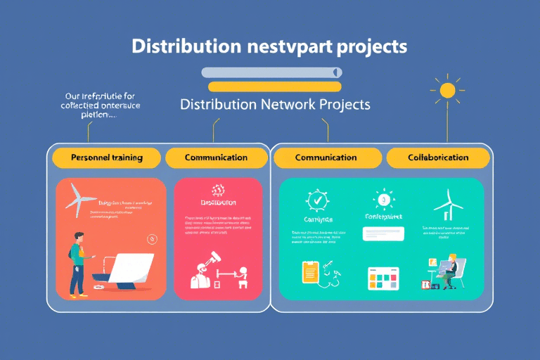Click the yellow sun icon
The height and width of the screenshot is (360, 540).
coord(447,90)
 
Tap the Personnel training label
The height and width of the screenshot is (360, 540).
coord(107,157)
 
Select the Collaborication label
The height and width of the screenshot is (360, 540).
coord(438,157)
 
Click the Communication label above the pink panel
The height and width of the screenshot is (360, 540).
coord(216,157)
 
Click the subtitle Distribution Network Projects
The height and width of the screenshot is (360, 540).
coord(275,104)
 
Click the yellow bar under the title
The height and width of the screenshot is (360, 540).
coord(275,86)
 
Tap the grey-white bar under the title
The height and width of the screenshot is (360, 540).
coord(271,72)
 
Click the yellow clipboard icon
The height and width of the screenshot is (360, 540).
coord(309,272)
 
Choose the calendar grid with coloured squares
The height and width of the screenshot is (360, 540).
coord(383,278)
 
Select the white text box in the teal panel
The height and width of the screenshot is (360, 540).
coord(382,233)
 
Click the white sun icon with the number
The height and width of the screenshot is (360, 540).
coord(383,200)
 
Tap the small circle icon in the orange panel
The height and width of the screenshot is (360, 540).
coord(152,239)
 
